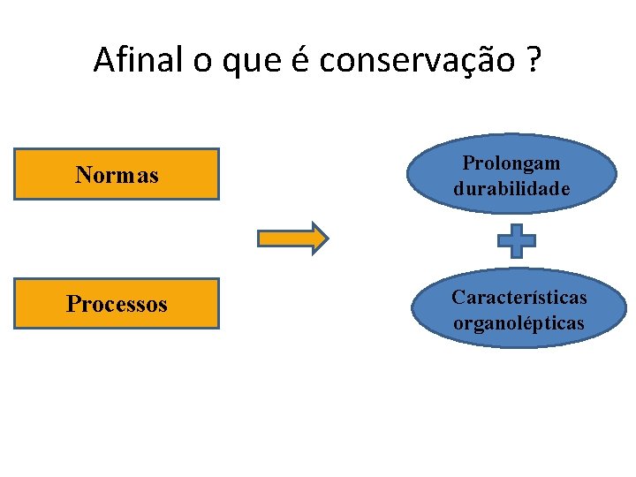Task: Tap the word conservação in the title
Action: tap(413, 60)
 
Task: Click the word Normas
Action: tap(117, 175)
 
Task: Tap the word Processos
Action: tap(117, 305)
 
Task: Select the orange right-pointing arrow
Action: tap(291, 238)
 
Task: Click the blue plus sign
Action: tap(517, 240)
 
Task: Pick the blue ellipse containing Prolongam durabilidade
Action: tap(512, 175)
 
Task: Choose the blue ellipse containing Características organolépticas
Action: tap(519, 309)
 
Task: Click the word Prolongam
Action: tap(511, 164)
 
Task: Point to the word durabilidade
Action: tap(512, 189)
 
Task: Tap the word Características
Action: tap(519, 298)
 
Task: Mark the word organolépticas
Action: tap(519, 323)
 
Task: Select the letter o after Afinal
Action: tap(199, 62)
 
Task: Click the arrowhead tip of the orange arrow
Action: tap(326, 238)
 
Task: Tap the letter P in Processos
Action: tap(72, 305)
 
